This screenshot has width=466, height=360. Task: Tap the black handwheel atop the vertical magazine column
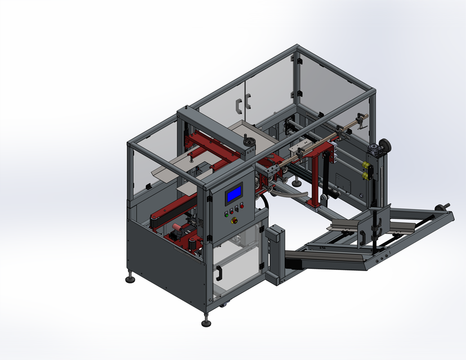[x=385, y=145]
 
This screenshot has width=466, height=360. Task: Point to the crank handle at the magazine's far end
[x=444, y=207]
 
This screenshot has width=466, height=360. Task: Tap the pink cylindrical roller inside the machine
[x=177, y=228]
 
